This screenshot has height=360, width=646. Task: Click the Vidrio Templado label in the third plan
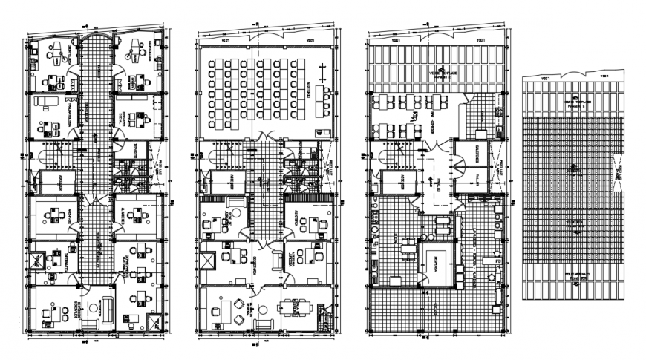point(442,73)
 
